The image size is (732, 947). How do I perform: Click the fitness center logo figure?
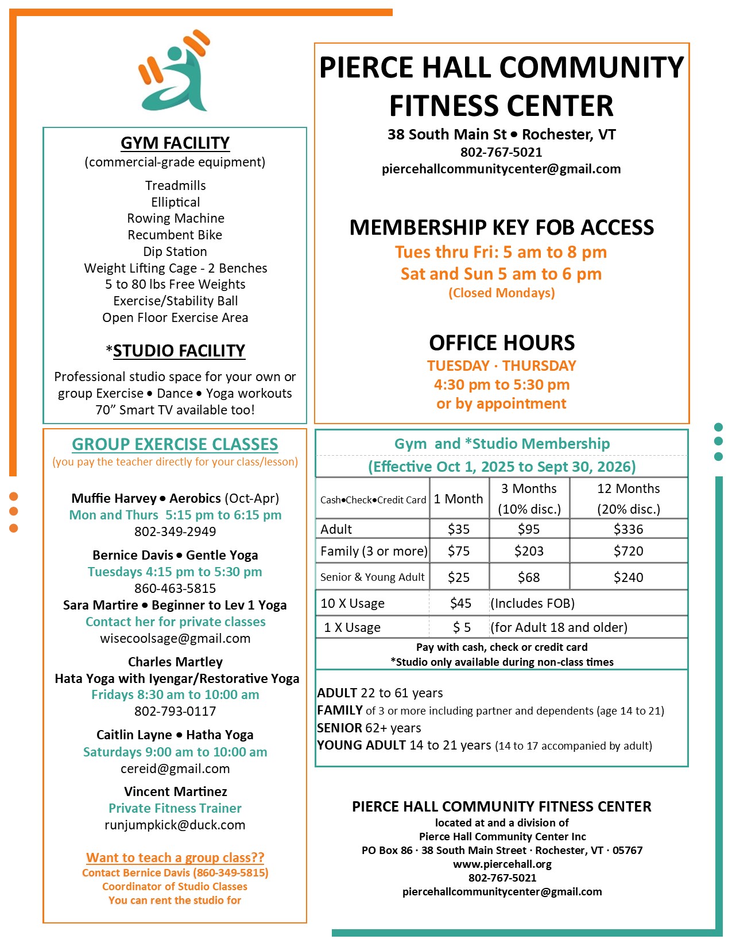[175, 72]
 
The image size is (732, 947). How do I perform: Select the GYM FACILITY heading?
[175, 143]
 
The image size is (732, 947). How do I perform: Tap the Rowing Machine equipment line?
[176, 218]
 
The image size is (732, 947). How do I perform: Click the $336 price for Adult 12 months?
[628, 529]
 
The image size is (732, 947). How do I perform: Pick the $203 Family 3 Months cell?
[529, 551]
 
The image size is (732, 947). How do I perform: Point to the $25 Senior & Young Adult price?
[459, 577]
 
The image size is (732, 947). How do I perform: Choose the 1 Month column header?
[458, 499]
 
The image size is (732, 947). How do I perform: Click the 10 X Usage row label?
[353, 603]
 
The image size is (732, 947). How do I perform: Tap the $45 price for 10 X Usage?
[460, 603]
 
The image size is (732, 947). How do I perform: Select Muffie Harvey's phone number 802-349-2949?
[175, 531]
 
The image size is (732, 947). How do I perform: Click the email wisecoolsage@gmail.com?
[175, 638]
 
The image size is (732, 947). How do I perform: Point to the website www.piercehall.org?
[502, 864]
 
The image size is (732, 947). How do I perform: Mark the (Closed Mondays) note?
[502, 293]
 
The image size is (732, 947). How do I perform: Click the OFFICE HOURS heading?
[502, 343]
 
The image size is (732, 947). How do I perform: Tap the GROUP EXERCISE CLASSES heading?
[175, 444]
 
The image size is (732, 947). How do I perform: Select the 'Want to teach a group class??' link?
[175, 857]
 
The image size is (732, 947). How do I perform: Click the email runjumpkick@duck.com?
[175, 825]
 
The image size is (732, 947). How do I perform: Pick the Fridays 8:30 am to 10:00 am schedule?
[175, 694]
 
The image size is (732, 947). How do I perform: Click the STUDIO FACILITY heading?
[179, 351]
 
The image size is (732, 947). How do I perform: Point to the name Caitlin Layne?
[134, 735]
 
